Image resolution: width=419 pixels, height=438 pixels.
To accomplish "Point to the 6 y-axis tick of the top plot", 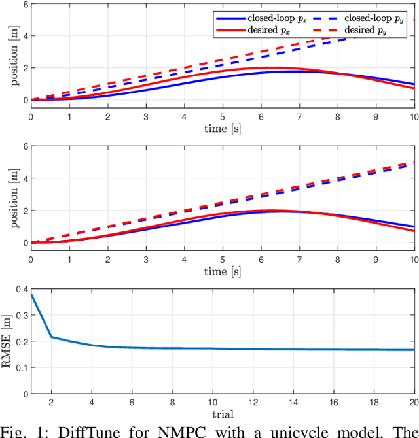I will [24, 4].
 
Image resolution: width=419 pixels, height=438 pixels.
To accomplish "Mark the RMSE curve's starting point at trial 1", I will [31, 295].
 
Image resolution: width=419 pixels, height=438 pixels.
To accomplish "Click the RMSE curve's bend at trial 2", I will [51, 337].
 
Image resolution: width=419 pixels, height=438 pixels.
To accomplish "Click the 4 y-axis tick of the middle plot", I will [24, 178].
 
